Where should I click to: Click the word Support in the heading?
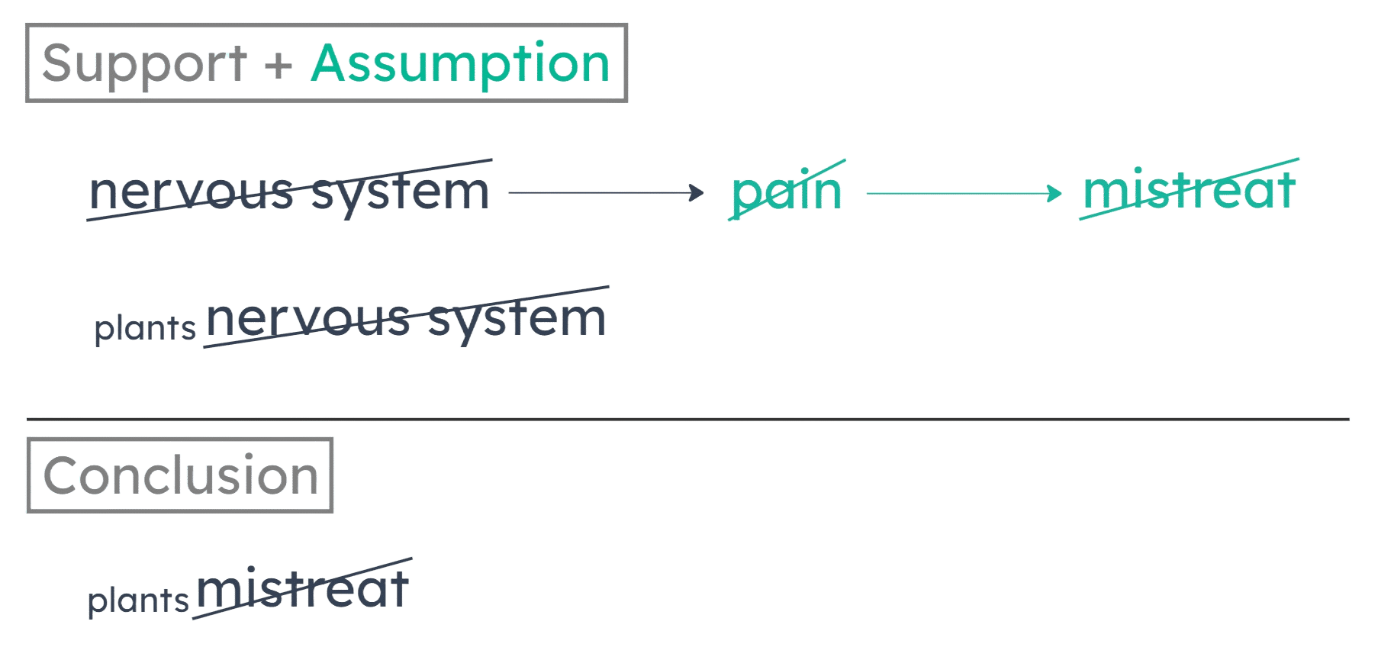click(x=144, y=65)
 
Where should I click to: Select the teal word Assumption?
click(x=461, y=65)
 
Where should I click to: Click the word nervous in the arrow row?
click(x=191, y=192)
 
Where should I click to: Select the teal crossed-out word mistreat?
click(x=1189, y=190)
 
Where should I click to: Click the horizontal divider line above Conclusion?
click(x=687, y=419)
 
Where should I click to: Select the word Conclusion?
click(x=180, y=475)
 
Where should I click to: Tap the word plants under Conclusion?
click(x=138, y=601)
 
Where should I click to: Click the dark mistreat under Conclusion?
click(x=303, y=590)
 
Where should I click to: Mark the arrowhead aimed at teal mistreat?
click(x=1055, y=193)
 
